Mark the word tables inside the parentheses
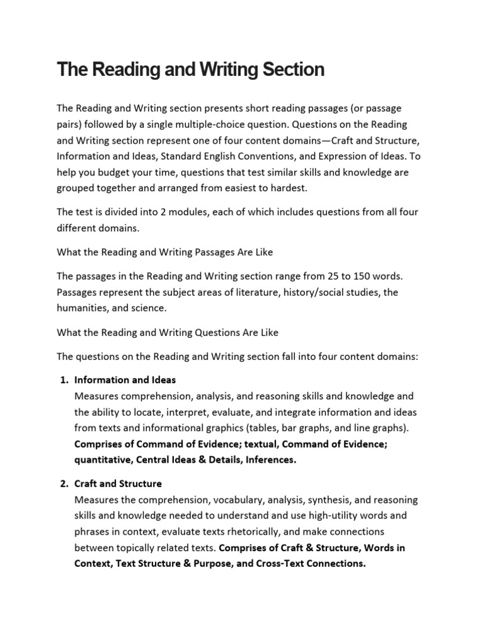tap(265, 428)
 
